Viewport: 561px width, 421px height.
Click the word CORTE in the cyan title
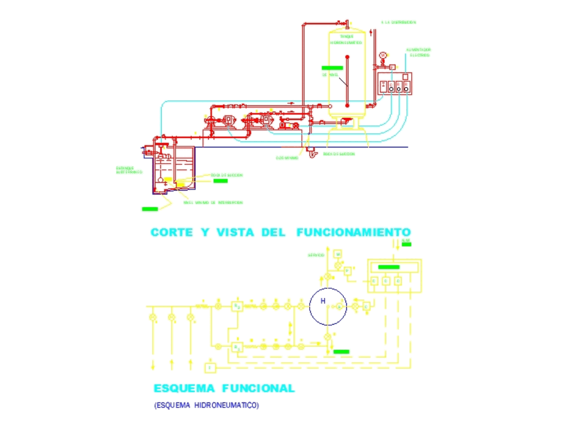coord(172,232)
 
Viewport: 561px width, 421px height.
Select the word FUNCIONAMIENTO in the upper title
coord(353,232)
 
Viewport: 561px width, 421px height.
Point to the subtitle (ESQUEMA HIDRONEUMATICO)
coord(206,405)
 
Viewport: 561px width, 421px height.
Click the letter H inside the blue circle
coord(323,301)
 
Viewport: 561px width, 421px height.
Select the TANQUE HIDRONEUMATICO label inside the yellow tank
coord(346,39)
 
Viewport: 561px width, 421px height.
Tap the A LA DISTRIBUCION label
coord(398,22)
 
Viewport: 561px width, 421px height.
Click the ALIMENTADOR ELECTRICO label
coord(419,52)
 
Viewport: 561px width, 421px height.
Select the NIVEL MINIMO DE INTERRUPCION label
coord(213,202)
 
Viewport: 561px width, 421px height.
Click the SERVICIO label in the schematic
coord(316,255)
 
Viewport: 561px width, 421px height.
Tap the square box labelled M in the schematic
coord(338,254)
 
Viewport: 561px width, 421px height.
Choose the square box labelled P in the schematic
coord(348,270)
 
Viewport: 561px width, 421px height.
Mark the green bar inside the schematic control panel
coord(389,267)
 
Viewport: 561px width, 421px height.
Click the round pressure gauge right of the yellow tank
coord(383,55)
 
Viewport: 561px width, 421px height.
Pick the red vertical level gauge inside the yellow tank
coord(347,81)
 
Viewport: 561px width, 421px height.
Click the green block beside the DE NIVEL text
coord(332,68)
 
